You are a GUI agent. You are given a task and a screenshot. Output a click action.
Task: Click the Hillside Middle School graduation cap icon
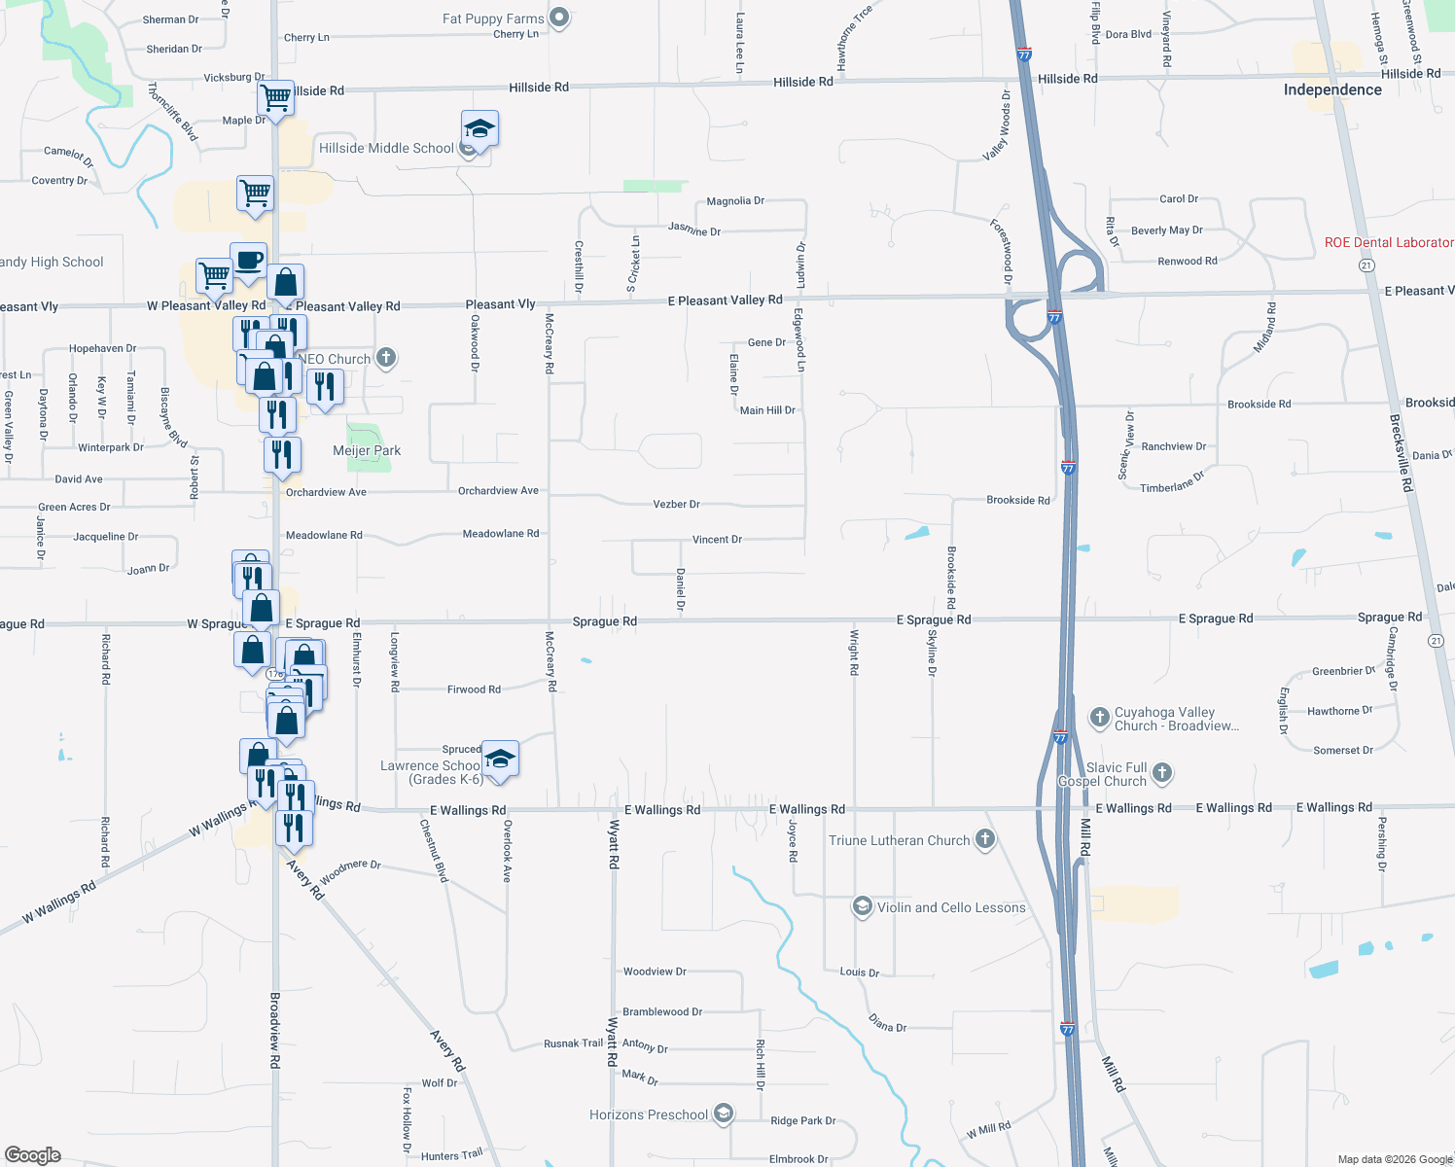[x=479, y=128]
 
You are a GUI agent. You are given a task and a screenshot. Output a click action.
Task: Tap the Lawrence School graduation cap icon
[x=500, y=760]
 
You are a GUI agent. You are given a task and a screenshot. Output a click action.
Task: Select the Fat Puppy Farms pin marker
[x=559, y=18]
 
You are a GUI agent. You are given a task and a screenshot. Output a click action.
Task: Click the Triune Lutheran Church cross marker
[x=985, y=839]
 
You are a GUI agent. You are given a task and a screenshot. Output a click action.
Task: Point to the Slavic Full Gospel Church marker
[x=1162, y=774]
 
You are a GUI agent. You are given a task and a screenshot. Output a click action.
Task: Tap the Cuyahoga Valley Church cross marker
[x=1100, y=718]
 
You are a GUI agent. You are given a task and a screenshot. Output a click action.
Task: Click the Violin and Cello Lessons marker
[x=862, y=906]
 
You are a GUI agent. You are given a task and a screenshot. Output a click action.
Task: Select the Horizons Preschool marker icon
[x=723, y=1114]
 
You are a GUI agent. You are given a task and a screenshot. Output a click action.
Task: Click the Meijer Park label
[x=367, y=450]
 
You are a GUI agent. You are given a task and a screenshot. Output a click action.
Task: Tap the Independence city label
[x=1332, y=89]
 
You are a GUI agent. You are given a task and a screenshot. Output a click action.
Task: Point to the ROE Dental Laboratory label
[x=1389, y=242]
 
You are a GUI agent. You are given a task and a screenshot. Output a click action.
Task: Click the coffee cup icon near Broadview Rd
[x=249, y=261]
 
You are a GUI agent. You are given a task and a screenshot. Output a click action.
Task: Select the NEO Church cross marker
[x=386, y=358]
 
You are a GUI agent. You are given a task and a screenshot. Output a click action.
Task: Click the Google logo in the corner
[x=33, y=1154]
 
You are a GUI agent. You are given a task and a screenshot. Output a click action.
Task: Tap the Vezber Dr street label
[x=676, y=504]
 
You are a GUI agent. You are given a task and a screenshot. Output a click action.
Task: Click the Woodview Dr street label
[x=655, y=971]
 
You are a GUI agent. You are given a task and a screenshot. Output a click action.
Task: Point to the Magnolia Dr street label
[x=735, y=201]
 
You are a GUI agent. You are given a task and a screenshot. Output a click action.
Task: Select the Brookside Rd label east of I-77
[x=1259, y=404]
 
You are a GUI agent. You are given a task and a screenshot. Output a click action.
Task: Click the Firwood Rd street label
[x=474, y=690]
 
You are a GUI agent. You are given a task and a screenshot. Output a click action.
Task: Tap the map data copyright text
[x=1394, y=1159]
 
